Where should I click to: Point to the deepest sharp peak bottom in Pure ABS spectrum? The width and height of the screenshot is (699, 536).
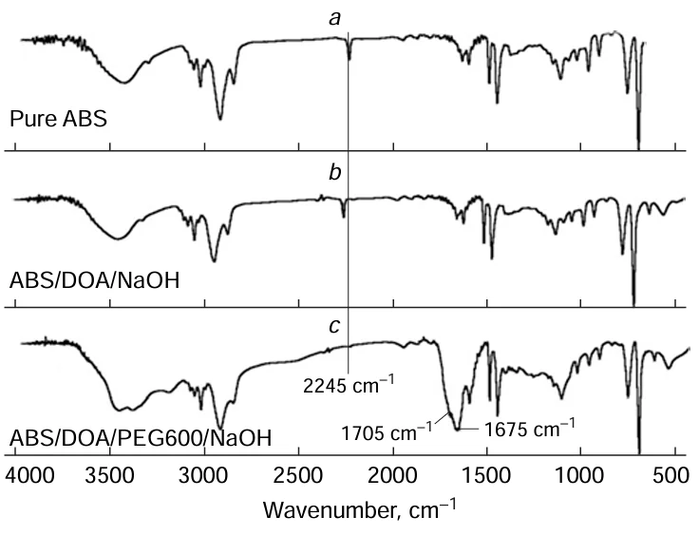point(638,146)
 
